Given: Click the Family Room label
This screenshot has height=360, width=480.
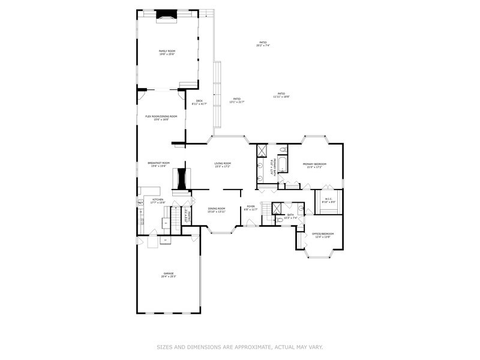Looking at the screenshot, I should (x=166, y=53).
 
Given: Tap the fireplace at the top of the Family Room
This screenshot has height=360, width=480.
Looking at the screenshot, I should (x=167, y=17).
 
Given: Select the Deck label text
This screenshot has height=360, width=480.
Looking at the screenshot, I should (x=199, y=102).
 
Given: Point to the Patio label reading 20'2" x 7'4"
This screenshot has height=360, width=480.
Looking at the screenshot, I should (x=263, y=44).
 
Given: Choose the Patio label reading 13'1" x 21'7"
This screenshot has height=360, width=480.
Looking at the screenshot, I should (x=236, y=100).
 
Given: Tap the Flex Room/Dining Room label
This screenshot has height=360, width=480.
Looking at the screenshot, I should (x=161, y=118).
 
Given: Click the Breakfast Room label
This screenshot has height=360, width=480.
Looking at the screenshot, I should (x=158, y=164).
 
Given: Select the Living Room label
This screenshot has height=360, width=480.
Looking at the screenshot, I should (x=223, y=164).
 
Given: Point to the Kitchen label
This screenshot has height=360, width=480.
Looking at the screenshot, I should (x=157, y=200).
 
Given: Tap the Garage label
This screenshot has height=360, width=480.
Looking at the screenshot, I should (x=168, y=275).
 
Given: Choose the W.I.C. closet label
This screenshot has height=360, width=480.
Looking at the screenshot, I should (x=328, y=200).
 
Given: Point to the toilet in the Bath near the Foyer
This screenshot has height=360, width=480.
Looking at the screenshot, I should (x=280, y=220).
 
